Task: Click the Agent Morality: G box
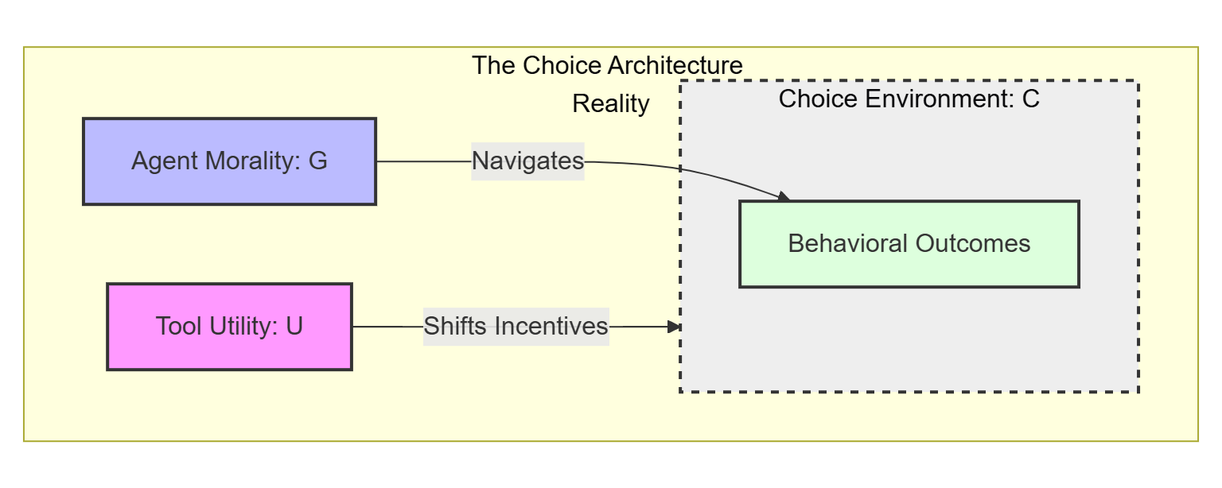229,161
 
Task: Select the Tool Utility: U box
229,326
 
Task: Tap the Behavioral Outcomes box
909,243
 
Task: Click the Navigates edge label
527,161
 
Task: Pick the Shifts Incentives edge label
516,326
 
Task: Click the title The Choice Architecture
607,65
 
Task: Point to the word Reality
610,104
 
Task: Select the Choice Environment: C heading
909,99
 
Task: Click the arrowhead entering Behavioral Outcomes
783,196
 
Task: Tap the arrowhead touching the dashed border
675,327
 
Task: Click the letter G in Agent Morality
317,161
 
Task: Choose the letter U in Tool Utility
294,326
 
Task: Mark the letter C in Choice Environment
1030,99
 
